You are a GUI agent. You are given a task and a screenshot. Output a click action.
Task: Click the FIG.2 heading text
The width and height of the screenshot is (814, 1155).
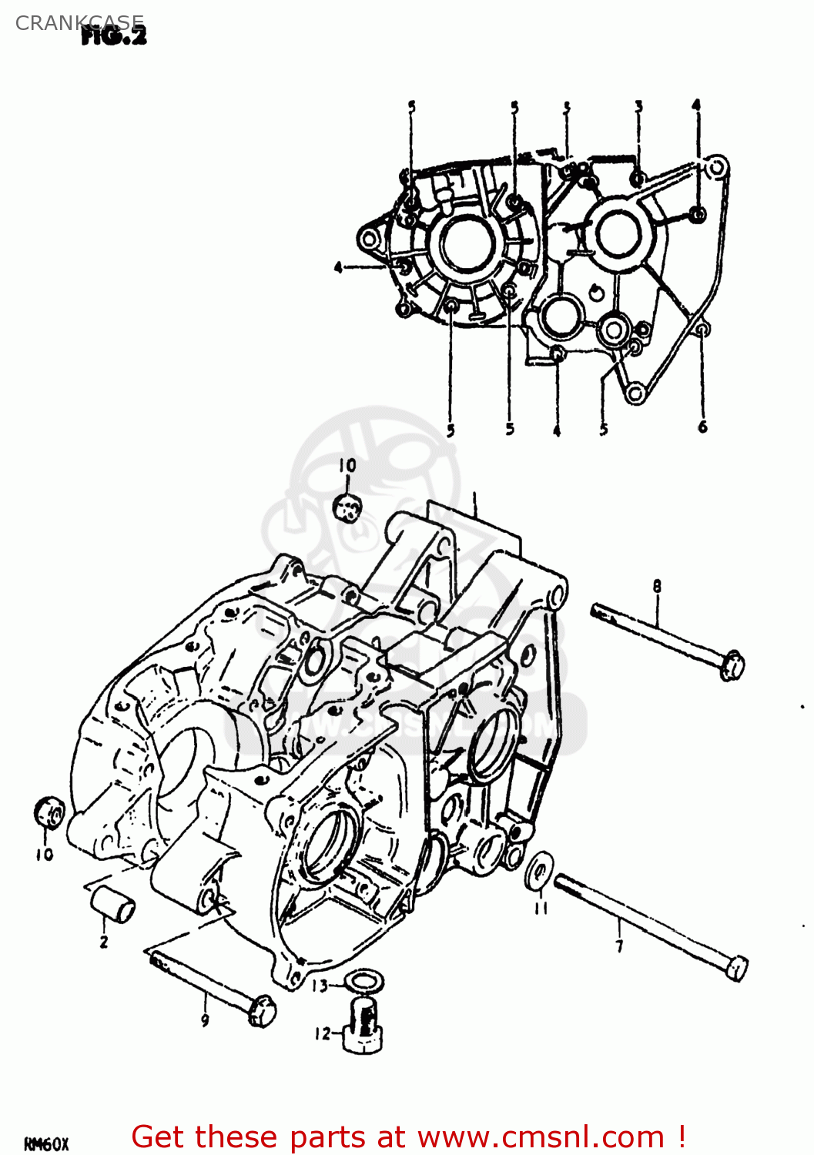[114, 35]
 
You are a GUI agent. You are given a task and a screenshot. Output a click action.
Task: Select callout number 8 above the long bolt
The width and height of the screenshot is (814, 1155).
[657, 587]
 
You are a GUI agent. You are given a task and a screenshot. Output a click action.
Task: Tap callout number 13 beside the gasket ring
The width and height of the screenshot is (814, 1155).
[320, 986]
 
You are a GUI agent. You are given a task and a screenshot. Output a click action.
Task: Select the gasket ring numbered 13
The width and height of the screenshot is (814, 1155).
[360, 983]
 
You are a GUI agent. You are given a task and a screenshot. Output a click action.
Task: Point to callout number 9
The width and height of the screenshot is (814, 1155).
[205, 1021]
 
